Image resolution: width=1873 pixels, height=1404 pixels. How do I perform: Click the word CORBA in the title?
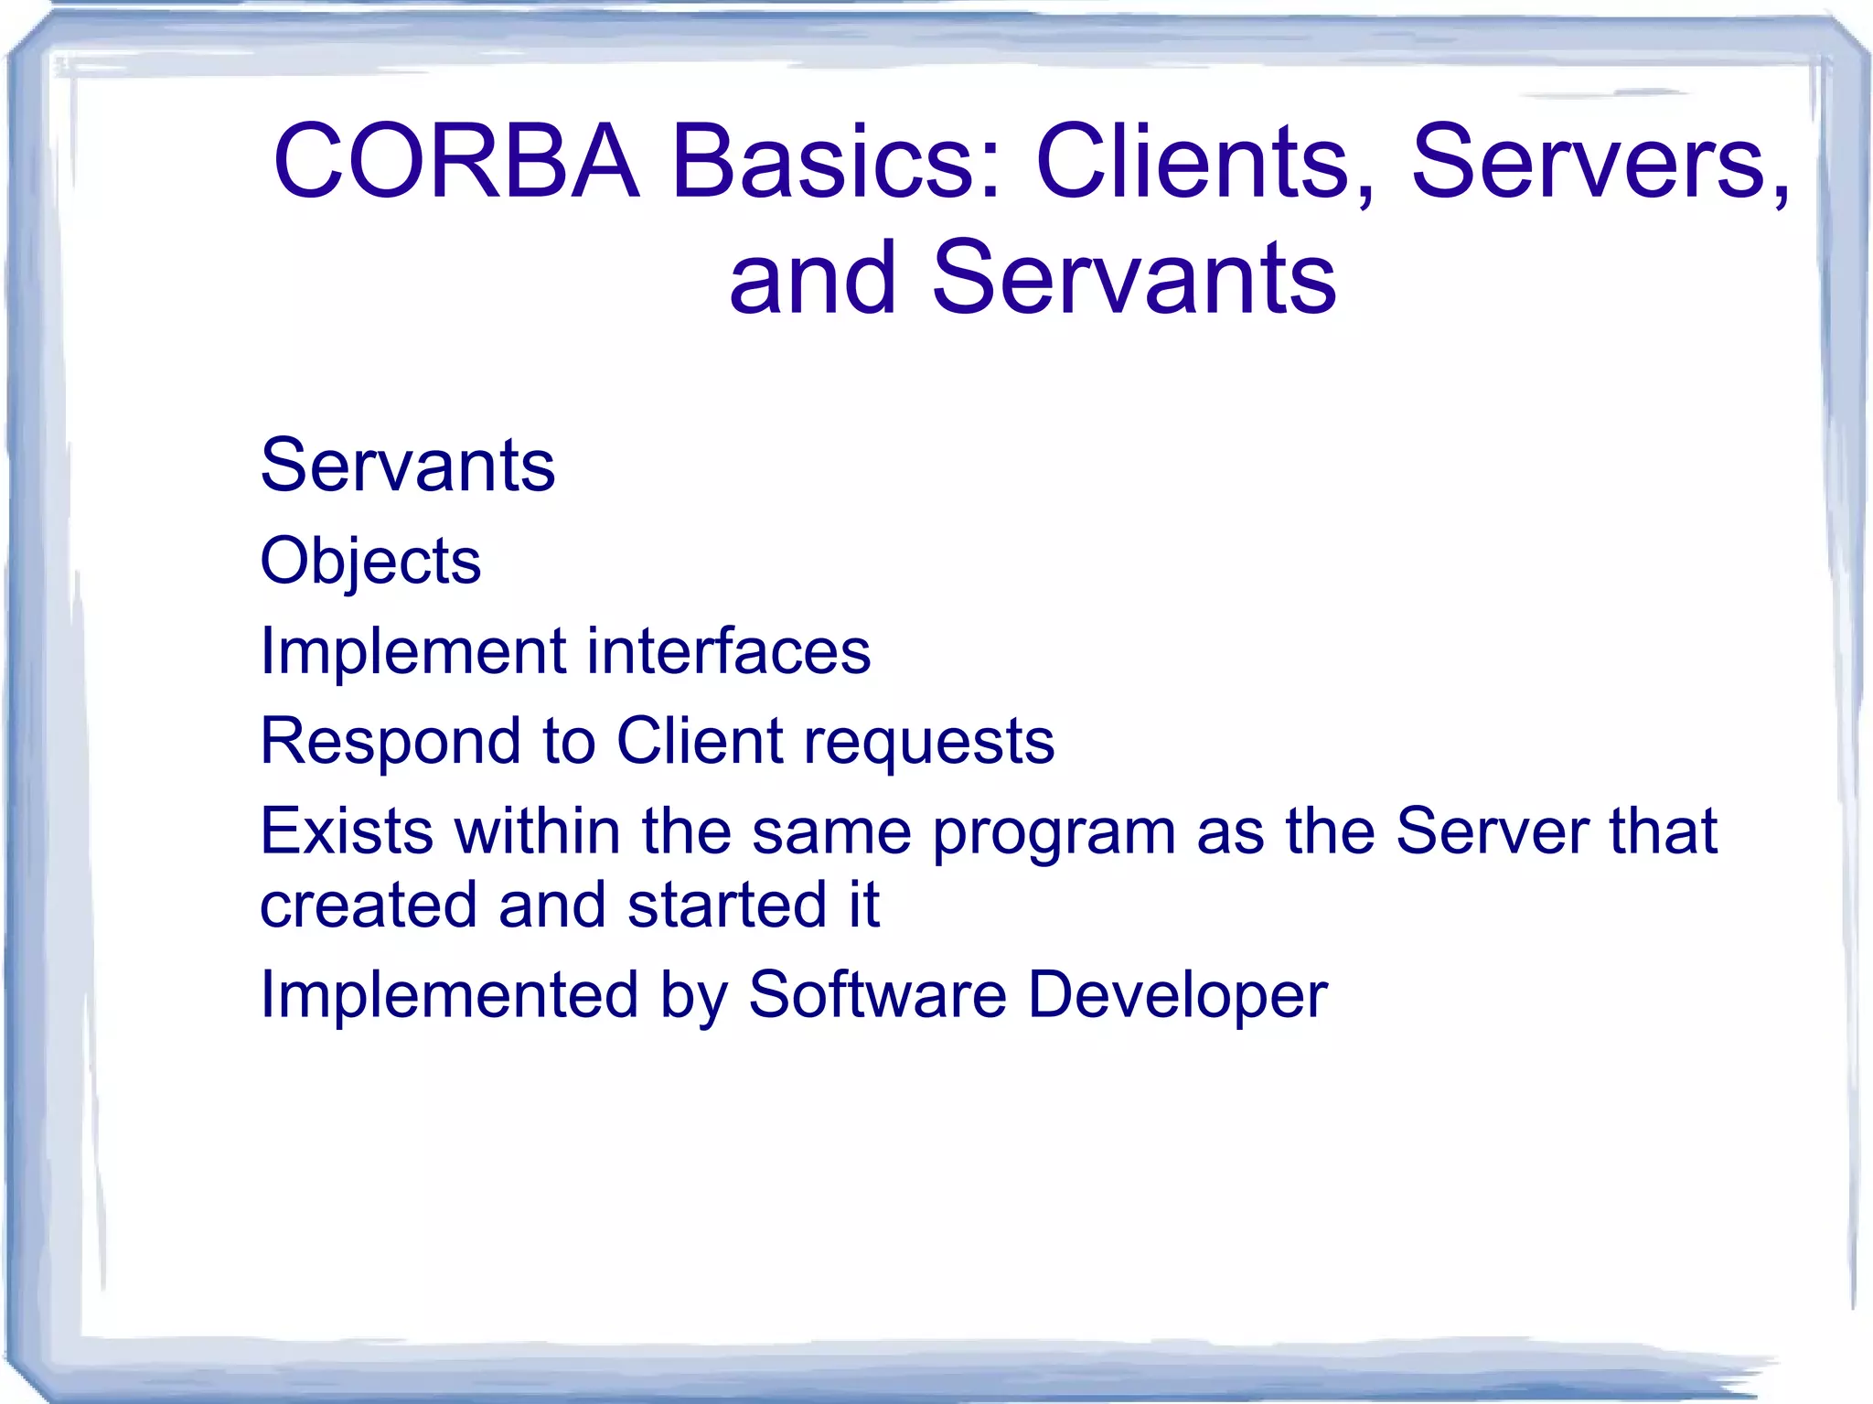[455, 162]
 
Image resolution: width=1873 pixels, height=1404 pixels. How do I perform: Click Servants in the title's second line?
[1134, 278]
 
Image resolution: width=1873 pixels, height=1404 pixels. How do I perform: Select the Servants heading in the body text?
[408, 466]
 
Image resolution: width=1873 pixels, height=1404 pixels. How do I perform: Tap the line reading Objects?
[370, 561]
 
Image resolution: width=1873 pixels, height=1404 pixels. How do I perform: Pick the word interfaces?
[729, 652]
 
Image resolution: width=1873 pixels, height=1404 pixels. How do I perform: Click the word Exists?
[347, 831]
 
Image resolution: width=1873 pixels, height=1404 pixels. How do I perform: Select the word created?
[369, 906]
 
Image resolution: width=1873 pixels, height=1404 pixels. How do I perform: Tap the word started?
[727, 906]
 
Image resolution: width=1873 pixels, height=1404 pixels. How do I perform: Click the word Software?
[877, 995]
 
